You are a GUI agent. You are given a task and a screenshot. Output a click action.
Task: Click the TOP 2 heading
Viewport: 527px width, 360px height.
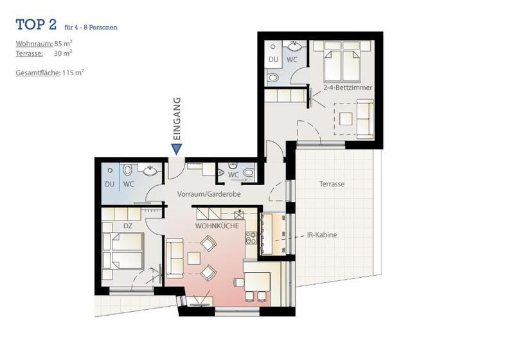37,25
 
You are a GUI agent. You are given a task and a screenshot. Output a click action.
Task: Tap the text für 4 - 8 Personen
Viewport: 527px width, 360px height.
91,28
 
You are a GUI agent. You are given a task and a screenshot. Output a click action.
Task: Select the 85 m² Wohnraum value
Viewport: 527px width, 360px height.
63,44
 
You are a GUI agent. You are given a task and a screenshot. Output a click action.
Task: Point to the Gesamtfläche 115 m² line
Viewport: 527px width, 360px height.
49,73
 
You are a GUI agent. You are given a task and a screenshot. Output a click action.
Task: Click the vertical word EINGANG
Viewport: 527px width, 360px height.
177,119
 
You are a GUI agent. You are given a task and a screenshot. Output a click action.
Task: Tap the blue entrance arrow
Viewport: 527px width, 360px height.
177,149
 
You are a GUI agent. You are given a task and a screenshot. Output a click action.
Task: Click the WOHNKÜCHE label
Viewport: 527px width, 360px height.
217,226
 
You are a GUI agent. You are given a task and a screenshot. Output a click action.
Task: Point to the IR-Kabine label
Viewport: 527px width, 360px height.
322,235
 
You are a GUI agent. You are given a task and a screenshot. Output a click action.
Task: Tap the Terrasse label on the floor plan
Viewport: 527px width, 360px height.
332,184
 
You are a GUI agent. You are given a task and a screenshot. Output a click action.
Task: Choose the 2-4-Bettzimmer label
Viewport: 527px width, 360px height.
348,87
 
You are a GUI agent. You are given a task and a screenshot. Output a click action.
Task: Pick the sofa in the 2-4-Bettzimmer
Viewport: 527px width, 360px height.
365,118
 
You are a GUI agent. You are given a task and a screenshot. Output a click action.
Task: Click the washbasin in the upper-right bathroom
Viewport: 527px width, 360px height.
294,46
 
